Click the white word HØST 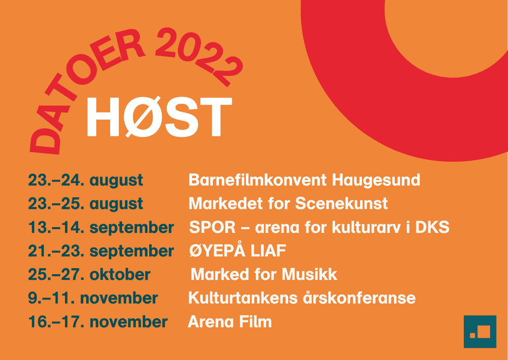click(x=159, y=117)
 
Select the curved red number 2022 click(x=197, y=55)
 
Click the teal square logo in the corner click(x=480, y=332)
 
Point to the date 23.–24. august click(x=85, y=180)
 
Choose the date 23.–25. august click(x=85, y=204)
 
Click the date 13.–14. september click(x=101, y=228)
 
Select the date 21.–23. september click(x=101, y=251)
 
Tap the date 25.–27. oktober click(x=89, y=275)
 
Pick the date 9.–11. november click(x=93, y=298)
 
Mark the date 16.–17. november click(x=98, y=322)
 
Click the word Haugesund click(x=376, y=180)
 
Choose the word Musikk click(x=310, y=275)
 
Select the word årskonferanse click(x=359, y=298)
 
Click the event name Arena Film click(x=230, y=322)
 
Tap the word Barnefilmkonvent click(x=258, y=180)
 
